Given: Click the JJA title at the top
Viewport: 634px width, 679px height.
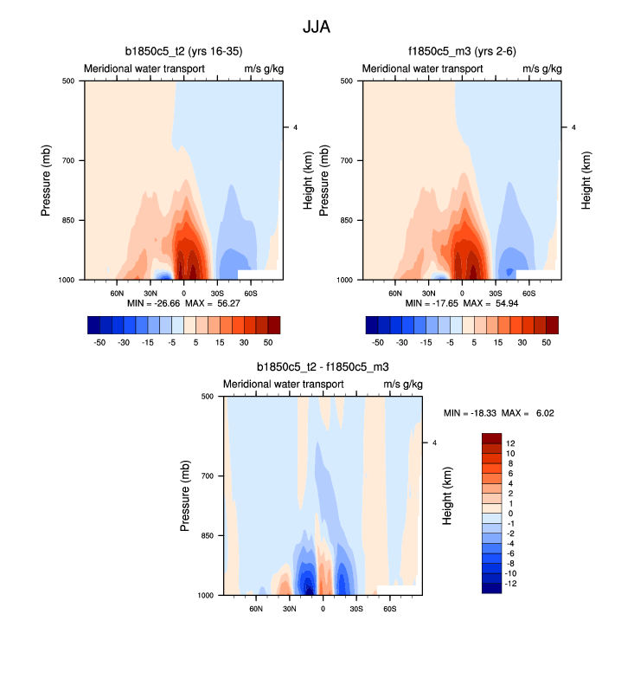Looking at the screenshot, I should click(317, 27).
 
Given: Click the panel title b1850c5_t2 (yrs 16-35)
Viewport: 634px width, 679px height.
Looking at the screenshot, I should click(183, 52).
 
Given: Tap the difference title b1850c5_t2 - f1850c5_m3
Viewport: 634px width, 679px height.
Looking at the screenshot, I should click(323, 367).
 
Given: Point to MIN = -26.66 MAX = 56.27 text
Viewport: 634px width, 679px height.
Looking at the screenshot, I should click(183, 305).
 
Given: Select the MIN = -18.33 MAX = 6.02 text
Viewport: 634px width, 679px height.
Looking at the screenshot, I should click(498, 413).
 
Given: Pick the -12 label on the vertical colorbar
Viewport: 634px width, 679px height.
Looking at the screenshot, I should click(510, 584).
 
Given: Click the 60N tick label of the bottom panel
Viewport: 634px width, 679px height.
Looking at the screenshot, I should click(256, 609).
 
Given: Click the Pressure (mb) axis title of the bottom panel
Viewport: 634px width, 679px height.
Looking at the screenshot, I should click(186, 496).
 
